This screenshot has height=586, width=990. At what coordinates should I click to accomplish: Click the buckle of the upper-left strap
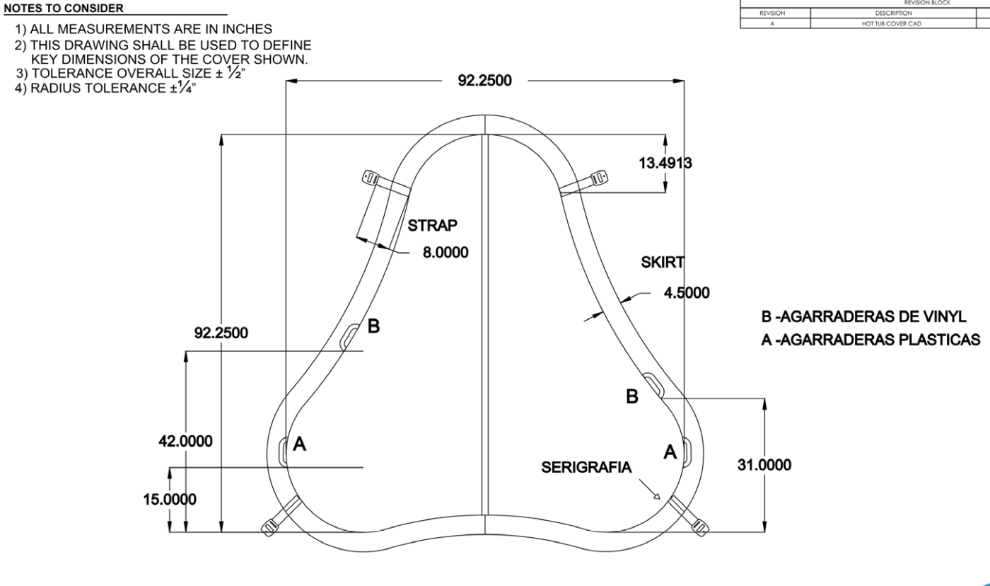371,177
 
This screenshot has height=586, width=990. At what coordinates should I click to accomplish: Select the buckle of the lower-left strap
271,526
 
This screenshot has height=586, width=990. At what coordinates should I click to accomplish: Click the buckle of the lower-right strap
700,526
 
